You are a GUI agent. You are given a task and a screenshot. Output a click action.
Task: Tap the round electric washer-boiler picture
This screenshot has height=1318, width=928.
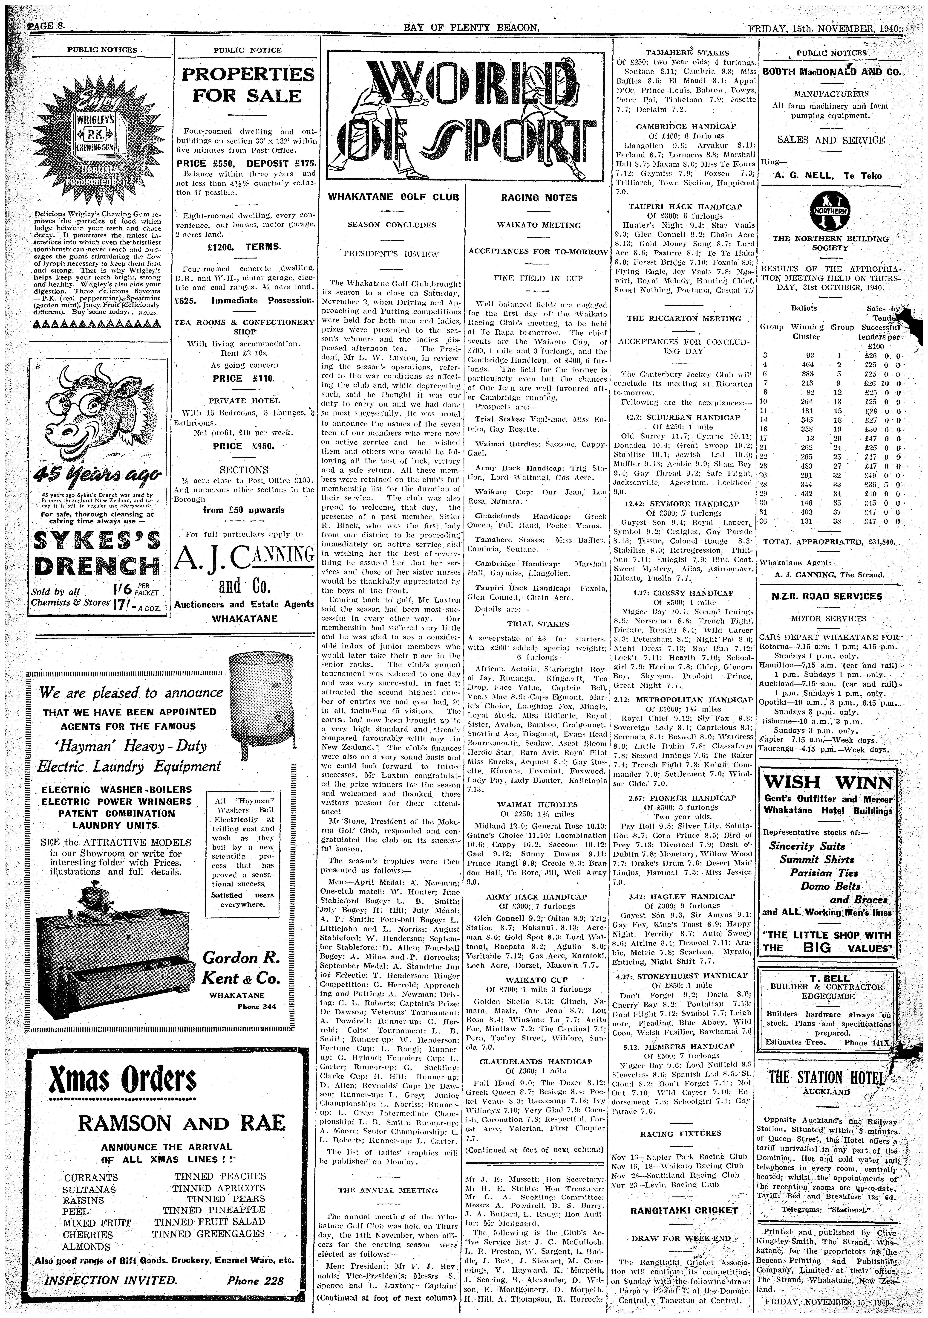[x=259, y=696]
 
